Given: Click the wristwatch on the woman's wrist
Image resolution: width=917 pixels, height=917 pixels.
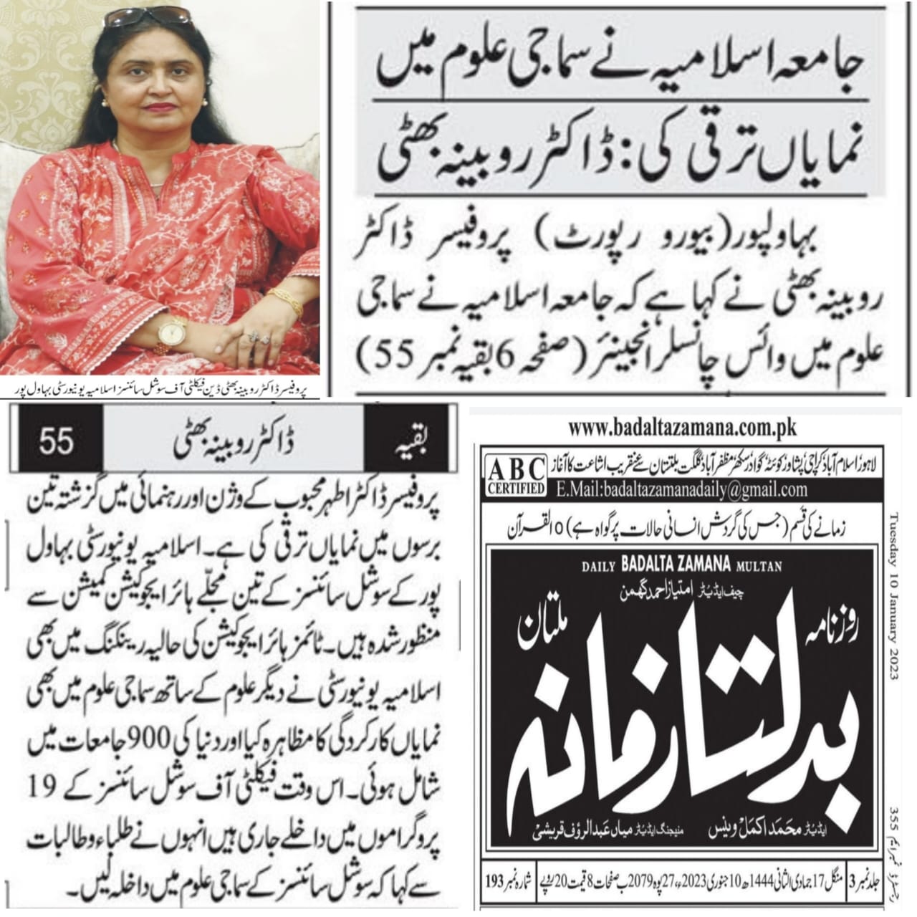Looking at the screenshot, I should click(x=172, y=332).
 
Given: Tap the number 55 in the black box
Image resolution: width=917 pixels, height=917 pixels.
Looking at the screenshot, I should click(x=57, y=440).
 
